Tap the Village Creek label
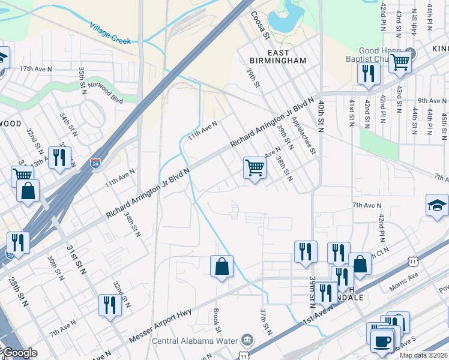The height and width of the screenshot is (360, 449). point(110,33)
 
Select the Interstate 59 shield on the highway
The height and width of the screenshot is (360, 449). point(95,163)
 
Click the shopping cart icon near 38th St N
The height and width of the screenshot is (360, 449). point(255,167)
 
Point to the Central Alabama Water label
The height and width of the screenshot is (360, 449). point(204,341)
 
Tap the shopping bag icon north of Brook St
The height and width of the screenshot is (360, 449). point(221,266)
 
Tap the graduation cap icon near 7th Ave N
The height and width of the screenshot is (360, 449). point(437,205)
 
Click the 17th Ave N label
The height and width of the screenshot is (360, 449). point(35,69)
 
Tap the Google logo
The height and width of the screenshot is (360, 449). point(19,353)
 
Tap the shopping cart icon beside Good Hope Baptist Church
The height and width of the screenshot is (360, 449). point(400,61)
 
